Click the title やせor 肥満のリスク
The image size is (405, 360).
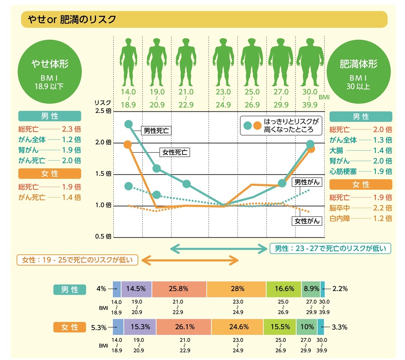pyautogui.click(x=69, y=19)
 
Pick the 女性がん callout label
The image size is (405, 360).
pyautogui.click(x=307, y=221)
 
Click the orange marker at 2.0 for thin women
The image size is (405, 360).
pyautogui.click(x=128, y=145)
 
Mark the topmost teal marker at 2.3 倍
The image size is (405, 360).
pyautogui.click(x=129, y=124)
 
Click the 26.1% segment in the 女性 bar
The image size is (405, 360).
pyautogui.click(x=184, y=327)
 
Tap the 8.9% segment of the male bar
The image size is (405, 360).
pyautogui.click(x=311, y=289)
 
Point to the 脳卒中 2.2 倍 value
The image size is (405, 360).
pyautogui.click(x=382, y=208)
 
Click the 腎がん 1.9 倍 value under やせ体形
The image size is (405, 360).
pyautogui.click(x=72, y=150)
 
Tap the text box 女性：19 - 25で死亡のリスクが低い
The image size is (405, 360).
pyautogui.click(x=77, y=260)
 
